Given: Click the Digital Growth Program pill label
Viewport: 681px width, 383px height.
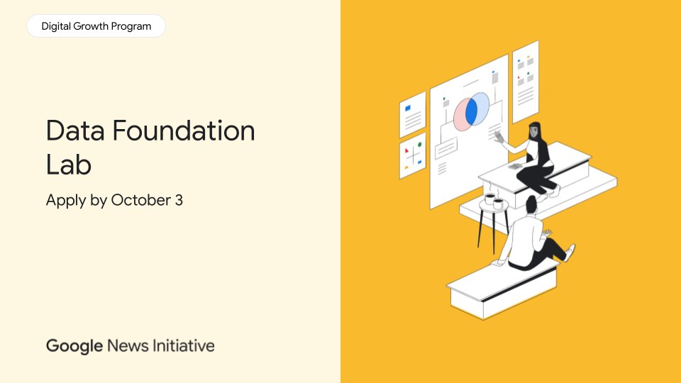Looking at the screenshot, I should [x=96, y=26].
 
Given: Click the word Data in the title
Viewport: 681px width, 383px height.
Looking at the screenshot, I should [x=74, y=131].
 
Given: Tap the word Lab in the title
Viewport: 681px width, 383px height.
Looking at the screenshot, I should [x=69, y=164].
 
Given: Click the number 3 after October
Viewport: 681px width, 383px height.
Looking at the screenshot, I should [x=179, y=200].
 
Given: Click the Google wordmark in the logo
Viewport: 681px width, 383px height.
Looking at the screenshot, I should [x=74, y=346].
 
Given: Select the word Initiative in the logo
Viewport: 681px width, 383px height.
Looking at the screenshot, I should [x=181, y=346].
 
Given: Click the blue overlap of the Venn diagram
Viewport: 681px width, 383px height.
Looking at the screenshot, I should [x=471, y=112].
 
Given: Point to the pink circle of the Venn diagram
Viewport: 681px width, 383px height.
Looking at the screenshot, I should [x=461, y=116].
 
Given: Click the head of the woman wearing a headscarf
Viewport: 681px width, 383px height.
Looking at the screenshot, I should [x=534, y=130].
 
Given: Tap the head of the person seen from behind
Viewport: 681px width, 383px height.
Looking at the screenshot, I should [x=531, y=204].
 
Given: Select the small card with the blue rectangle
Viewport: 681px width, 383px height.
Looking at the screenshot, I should [x=412, y=113].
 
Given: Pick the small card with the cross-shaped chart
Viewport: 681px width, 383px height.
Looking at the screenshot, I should [x=412, y=155].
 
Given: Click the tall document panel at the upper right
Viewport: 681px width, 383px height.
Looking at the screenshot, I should [x=526, y=80].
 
